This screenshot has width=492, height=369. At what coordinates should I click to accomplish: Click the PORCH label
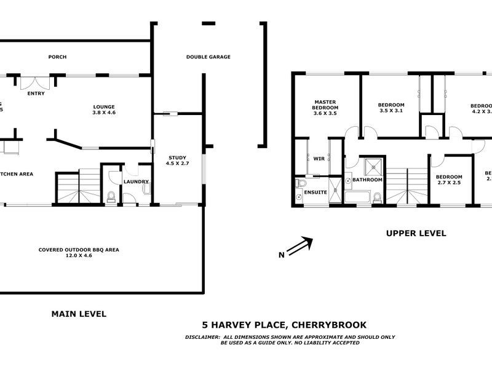coord(57,57)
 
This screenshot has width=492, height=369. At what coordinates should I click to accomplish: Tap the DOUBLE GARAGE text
coord(208,57)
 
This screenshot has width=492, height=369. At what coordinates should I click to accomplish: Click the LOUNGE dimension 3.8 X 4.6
coord(104,113)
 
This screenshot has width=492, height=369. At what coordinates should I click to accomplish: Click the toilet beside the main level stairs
coord(111,196)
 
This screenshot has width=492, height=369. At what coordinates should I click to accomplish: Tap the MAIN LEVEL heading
coord(78,314)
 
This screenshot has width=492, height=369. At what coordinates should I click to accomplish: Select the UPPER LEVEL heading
coord(416,233)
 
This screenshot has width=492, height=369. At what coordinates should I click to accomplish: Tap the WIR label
coord(319,159)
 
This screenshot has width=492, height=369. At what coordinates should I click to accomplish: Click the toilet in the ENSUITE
coord(300,183)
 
